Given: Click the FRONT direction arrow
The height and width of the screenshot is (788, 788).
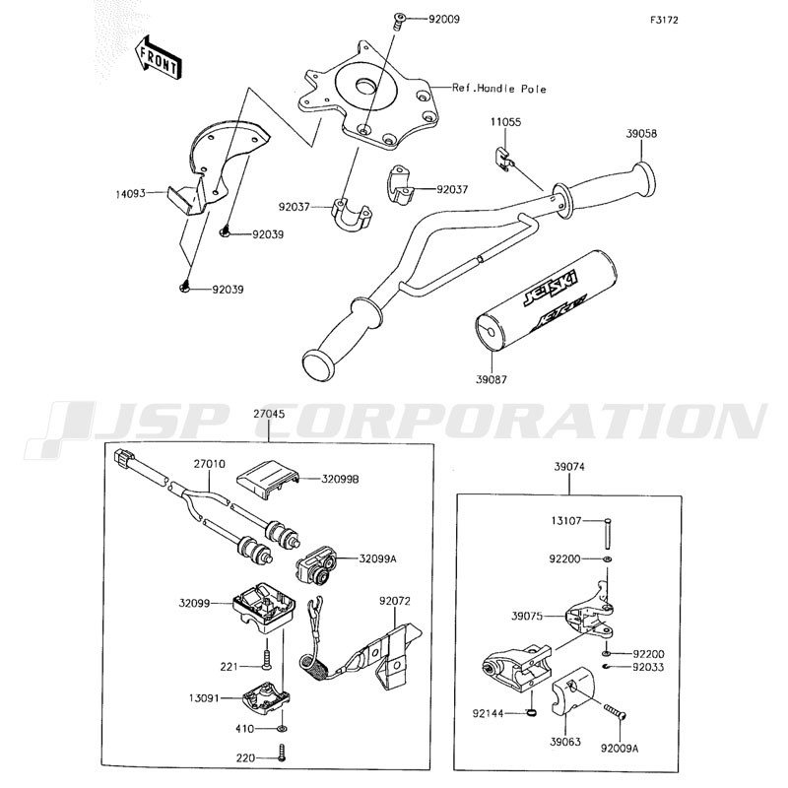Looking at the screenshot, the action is coord(158,57).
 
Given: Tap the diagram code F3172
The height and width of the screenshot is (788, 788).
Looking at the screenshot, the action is coord(664,20).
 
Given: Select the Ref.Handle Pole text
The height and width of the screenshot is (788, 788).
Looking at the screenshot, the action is coord(499,89).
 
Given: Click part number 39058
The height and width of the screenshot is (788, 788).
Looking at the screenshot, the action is coord(641,134).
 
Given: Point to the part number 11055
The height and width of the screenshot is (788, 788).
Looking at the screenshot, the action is coord(506,122).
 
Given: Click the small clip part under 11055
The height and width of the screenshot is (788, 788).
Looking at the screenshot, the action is coord(502,159).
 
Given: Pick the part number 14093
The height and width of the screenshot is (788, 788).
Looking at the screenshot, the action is coord(130,193).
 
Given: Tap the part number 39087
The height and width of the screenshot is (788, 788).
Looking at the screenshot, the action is coord(491,379).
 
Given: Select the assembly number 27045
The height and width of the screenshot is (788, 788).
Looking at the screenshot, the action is coord(269,414).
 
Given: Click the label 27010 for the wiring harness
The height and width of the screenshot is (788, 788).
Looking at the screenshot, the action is coord(210,464).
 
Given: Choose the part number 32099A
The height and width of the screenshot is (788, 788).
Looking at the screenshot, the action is coord(378,558).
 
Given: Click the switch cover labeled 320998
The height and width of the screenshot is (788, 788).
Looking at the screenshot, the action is coord(268,481).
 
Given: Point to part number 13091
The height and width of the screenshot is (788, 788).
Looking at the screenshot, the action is coord(205,698).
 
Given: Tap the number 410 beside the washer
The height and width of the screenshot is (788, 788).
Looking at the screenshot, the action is coord(244,728).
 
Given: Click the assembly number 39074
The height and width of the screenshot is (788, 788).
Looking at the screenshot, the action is coord(569,467).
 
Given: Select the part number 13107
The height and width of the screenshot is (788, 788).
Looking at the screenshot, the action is coord(565,521).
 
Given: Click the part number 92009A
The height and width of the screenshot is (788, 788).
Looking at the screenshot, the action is coord(620,749).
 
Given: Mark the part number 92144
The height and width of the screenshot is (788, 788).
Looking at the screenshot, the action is coord(488,713).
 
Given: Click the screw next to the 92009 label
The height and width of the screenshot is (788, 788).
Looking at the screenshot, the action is coord(399,21).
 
